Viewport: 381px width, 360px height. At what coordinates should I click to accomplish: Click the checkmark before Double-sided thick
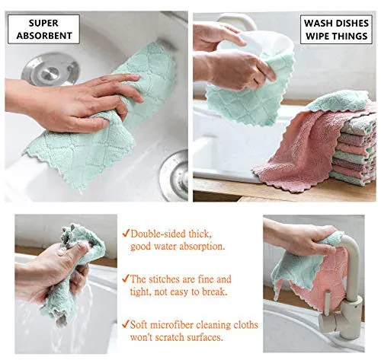125,233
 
